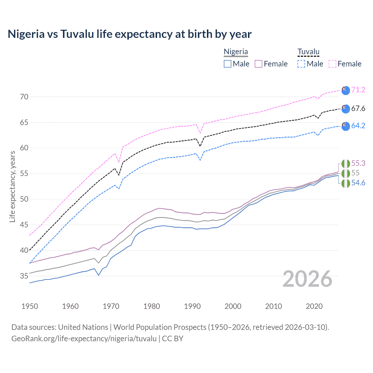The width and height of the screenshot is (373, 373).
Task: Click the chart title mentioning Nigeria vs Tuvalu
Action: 130,34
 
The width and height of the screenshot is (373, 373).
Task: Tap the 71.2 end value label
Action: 358,90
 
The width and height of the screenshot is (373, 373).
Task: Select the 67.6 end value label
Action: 358,109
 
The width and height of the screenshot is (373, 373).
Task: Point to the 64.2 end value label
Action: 358,126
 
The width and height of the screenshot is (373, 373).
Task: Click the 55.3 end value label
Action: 358,163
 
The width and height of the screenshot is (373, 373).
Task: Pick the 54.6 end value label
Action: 358,183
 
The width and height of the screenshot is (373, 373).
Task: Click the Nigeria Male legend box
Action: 228,64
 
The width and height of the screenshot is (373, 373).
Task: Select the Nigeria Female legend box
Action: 258,64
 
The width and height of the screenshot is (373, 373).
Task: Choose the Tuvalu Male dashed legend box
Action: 301,64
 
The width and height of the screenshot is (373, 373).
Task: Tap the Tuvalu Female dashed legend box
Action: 332,64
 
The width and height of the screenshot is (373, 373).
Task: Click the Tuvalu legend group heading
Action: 308,52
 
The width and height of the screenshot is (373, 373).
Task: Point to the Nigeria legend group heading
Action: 236,52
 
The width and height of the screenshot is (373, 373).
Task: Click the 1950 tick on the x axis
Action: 30,306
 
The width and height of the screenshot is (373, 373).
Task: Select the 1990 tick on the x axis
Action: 192,306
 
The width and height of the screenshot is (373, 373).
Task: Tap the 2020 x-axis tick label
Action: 314,306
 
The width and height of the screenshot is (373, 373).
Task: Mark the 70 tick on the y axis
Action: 24,97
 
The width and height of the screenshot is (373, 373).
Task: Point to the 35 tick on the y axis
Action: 24,276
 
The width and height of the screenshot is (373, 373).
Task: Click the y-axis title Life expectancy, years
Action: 13,186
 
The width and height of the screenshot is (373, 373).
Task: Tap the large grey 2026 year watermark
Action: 307,279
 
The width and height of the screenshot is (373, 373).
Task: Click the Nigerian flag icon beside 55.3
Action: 346,164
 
